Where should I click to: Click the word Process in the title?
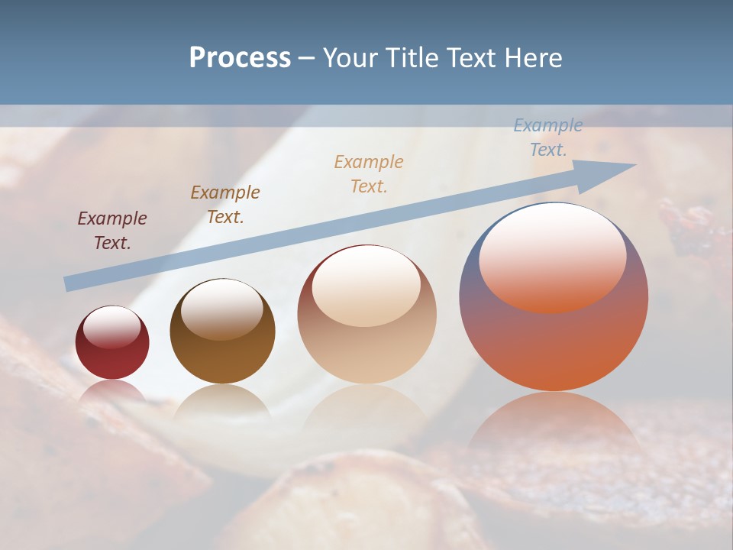pos(240,58)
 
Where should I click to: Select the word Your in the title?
pos(350,58)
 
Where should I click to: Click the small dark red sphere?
pos(112,344)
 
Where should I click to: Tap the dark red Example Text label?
pos(112,231)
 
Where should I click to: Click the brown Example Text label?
pos(224,205)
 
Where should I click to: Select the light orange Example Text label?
pos(369,174)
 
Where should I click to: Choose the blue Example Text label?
pos(548,137)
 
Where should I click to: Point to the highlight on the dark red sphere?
pos(111,327)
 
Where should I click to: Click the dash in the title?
pos(306,58)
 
